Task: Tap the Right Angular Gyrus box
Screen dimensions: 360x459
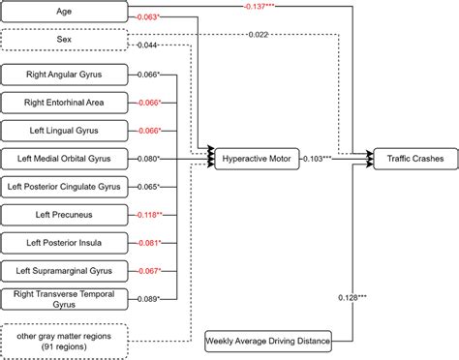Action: click(x=65, y=75)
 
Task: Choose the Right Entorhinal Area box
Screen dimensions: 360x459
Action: click(x=65, y=102)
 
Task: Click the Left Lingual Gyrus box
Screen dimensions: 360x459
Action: click(x=65, y=130)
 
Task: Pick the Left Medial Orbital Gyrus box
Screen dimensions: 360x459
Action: click(x=65, y=157)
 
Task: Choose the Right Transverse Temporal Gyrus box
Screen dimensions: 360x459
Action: click(x=65, y=298)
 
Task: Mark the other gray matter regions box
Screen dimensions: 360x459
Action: click(x=65, y=340)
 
